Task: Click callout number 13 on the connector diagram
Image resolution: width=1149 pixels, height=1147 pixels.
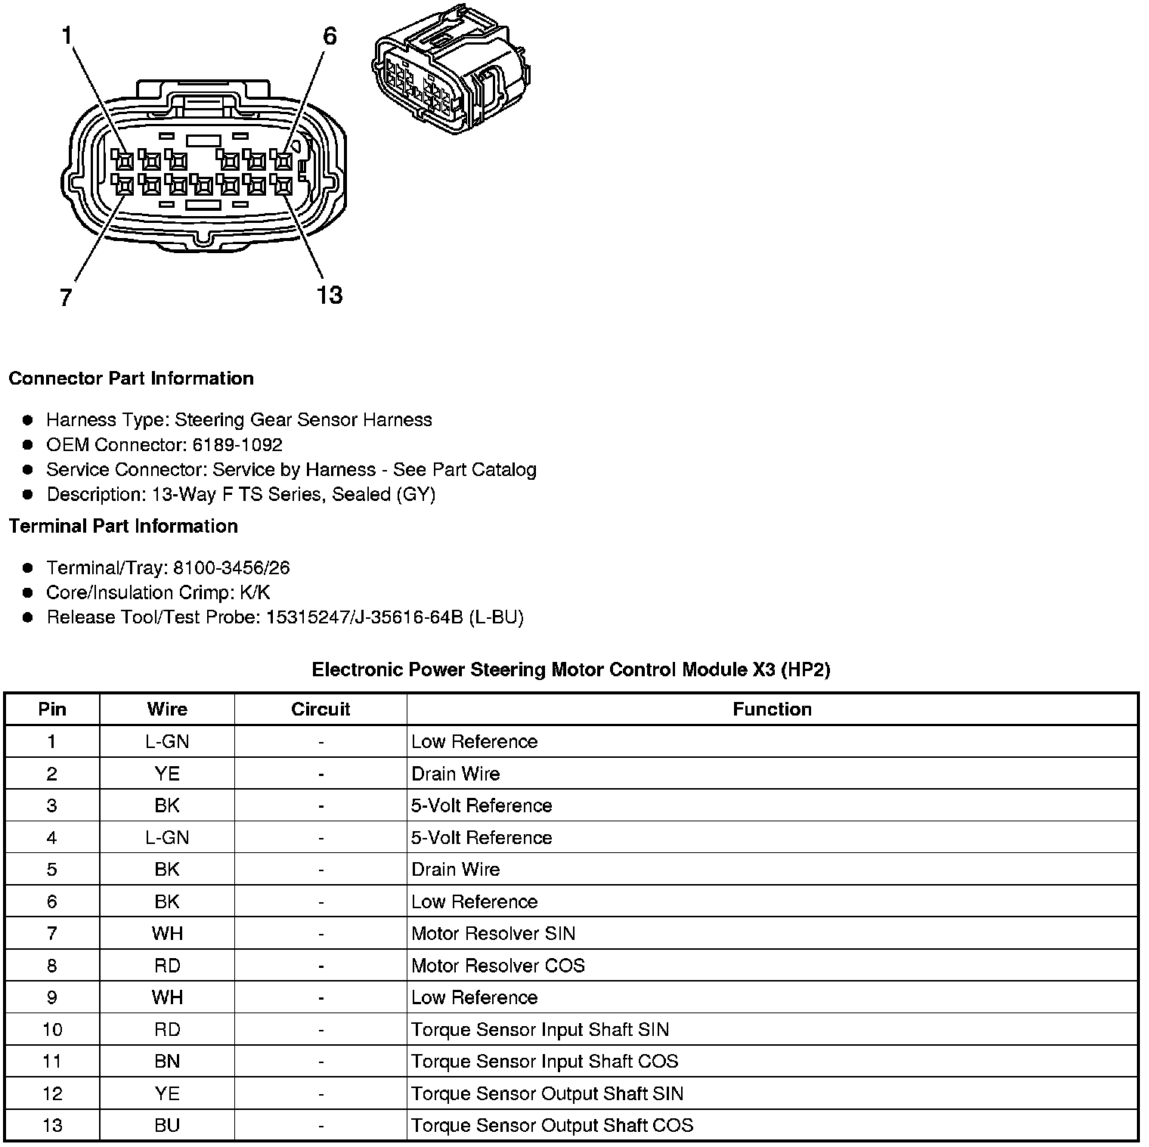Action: [330, 295]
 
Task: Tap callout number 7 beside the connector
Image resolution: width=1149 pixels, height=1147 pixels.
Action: [66, 298]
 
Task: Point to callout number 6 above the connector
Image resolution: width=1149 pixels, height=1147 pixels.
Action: [330, 36]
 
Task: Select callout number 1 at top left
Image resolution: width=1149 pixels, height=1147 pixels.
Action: [67, 35]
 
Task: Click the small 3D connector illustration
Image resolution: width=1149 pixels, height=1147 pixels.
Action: [452, 72]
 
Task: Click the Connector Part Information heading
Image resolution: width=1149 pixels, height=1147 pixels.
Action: [131, 379]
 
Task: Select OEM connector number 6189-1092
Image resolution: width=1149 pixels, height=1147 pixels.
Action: [237, 444]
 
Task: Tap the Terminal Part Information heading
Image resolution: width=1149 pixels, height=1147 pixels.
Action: [123, 526]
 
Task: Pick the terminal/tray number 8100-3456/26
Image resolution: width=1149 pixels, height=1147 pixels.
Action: [231, 567]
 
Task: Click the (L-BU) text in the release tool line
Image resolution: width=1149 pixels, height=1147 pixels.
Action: [496, 617]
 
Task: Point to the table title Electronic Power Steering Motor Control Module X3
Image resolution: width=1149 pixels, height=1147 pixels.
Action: [571, 669]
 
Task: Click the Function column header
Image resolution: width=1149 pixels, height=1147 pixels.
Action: [772, 710]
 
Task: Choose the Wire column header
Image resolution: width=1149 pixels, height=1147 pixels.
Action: [167, 710]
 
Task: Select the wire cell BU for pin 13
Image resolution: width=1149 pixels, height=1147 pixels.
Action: [167, 1125]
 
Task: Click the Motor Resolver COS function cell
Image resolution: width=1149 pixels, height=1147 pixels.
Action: [497, 966]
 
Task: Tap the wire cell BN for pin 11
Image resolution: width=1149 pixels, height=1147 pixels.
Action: [167, 1062]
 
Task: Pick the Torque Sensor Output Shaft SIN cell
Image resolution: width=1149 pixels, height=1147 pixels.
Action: [547, 1093]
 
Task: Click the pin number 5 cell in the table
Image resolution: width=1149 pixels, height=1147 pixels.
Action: [51, 870]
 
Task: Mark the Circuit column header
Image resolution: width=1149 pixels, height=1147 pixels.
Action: [321, 710]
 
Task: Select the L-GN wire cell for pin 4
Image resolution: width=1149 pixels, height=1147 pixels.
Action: [167, 838]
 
